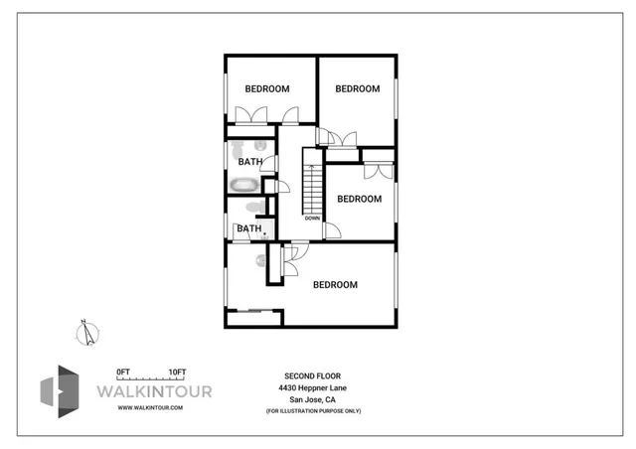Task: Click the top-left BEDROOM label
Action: (267, 89)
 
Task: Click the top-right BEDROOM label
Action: (358, 89)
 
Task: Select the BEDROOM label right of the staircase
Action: (360, 199)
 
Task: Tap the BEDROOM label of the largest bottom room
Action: (335, 285)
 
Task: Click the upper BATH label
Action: (250, 162)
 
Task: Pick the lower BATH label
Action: (248, 228)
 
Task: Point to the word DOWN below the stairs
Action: (312, 219)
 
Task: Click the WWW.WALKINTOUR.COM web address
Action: (151, 408)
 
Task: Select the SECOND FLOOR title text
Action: (313, 375)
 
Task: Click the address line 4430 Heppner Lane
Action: (313, 387)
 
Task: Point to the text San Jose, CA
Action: (313, 399)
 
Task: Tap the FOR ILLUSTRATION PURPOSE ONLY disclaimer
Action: (313, 410)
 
